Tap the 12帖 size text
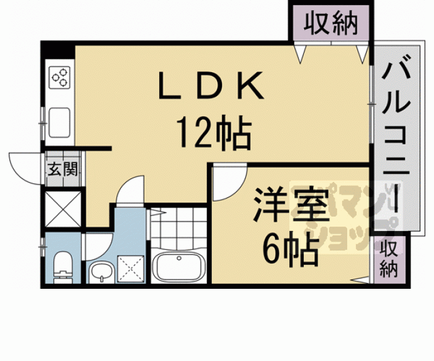213,132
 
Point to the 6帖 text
289,251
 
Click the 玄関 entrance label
63,170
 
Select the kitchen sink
60,121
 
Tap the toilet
63,267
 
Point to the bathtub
180,267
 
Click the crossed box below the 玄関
63,207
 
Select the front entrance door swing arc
26,164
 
